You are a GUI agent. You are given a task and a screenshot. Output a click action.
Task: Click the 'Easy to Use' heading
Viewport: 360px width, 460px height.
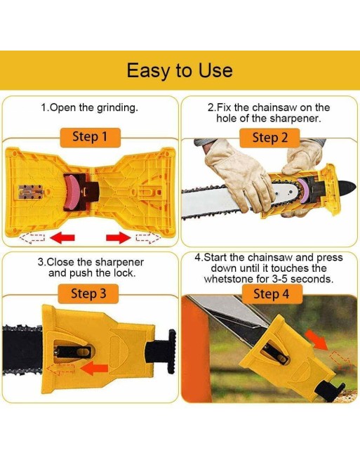point(180,70)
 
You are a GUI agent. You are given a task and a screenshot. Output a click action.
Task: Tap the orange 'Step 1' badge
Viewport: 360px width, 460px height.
point(91,137)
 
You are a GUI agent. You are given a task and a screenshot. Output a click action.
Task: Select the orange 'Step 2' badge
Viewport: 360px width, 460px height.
point(269,138)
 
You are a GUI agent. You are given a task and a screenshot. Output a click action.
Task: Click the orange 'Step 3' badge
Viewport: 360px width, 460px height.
point(88,294)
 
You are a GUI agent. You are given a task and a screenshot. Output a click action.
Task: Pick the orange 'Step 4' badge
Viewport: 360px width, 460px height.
point(272,294)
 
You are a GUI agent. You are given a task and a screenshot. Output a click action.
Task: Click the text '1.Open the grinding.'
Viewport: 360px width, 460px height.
point(89,107)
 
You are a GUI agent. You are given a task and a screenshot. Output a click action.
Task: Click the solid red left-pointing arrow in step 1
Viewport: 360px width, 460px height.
point(62,237)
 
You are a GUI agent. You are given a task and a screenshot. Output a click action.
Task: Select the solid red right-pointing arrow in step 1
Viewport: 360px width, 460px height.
point(118,237)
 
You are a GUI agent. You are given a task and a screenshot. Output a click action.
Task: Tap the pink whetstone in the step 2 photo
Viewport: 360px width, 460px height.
point(302,192)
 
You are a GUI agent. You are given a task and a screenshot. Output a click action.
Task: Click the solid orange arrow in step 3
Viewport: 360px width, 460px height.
point(95,369)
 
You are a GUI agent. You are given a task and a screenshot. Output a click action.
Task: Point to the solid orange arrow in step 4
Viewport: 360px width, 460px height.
point(316,339)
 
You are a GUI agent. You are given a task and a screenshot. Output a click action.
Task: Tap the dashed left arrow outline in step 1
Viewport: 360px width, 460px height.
point(32,237)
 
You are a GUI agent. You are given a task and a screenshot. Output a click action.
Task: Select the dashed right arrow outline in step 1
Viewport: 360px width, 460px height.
point(148,237)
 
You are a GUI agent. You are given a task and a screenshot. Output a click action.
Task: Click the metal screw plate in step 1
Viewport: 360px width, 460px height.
point(30,192)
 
